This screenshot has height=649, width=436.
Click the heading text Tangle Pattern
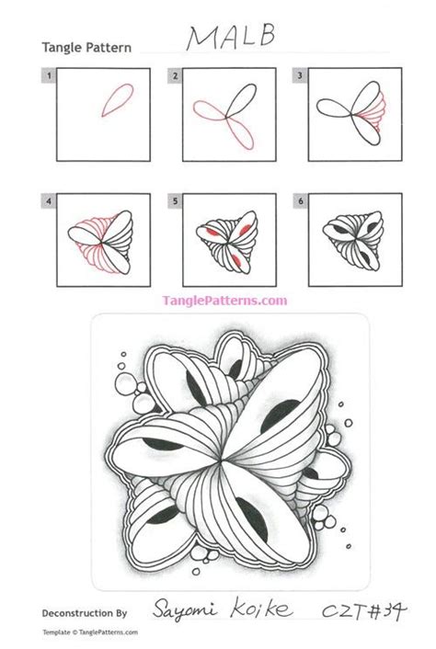pos(86,48)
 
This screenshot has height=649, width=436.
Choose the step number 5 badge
pos(175,196)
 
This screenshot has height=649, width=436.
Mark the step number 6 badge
pos(299,196)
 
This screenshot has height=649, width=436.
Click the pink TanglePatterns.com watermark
pos(224,301)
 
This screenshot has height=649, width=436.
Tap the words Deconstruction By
pos(85,611)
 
